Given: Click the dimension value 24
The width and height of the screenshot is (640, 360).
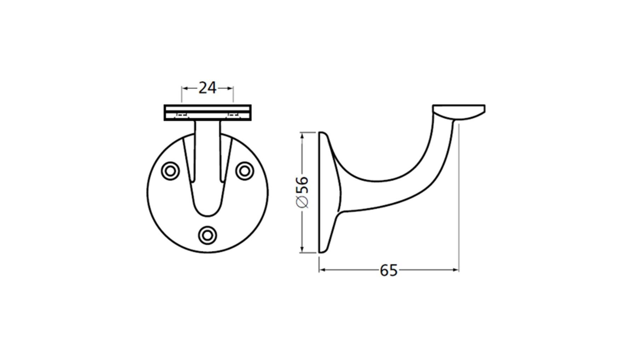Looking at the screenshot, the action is tap(207, 88).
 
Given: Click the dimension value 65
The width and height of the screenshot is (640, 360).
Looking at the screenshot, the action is tap(389, 271).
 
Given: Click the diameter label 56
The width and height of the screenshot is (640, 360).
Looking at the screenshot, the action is tap(302, 185).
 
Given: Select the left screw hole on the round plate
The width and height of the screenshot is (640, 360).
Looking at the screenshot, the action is tap(170, 171).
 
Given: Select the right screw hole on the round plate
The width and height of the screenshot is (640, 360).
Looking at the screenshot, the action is tap(244, 171).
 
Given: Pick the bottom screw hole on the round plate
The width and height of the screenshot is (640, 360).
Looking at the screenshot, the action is tap(207, 235).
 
